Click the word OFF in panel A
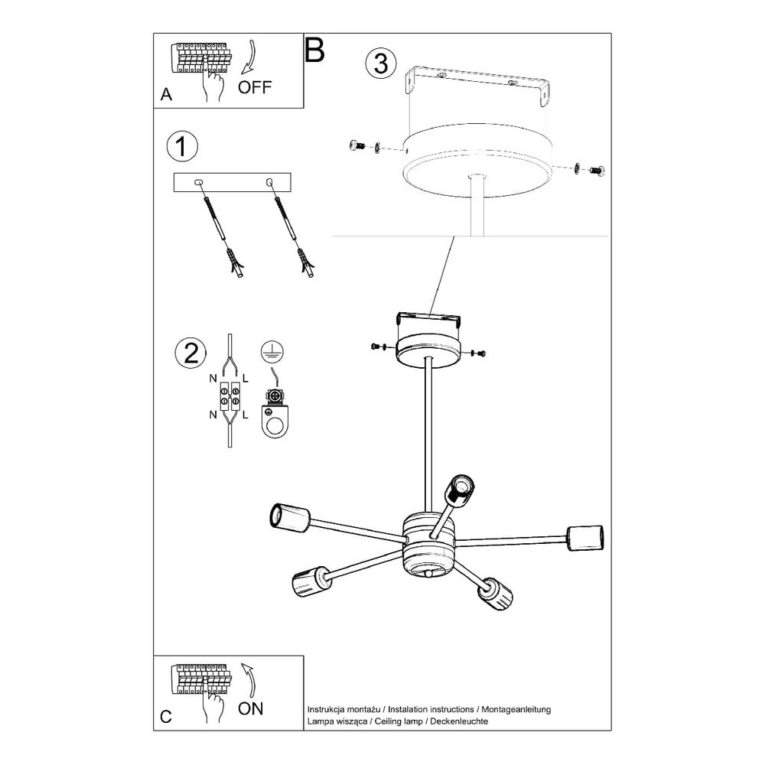[254, 87]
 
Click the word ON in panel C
[250, 708]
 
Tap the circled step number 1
[182, 146]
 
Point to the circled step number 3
[380, 64]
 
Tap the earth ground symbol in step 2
[272, 351]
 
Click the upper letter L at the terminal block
[245, 378]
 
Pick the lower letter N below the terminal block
[213, 415]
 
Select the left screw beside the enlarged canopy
[357, 145]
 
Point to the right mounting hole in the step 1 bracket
[269, 183]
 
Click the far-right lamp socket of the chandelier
[584, 538]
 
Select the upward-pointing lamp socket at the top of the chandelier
[461, 491]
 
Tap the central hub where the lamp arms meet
[429, 542]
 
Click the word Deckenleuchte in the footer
[458, 721]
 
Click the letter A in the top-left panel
[166, 94]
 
